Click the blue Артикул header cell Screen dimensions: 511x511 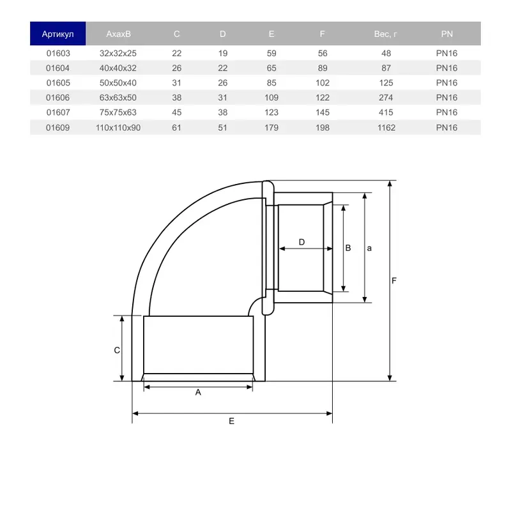point(57,34)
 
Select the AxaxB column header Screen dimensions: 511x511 point(118,34)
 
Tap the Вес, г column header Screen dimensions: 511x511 point(386,34)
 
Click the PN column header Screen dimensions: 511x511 point(447,34)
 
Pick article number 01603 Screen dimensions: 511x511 point(57,54)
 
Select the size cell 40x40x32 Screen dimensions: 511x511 point(118,68)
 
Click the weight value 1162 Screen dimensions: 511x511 point(386,128)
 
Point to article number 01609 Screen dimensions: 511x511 point(57,128)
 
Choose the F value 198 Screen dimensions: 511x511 point(323,128)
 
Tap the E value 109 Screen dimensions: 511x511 point(272,98)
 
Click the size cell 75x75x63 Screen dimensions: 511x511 point(118,112)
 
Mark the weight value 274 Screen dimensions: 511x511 point(386,98)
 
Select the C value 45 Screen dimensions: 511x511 point(177,112)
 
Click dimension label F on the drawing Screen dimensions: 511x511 point(395,281)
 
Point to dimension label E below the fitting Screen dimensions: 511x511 point(232,421)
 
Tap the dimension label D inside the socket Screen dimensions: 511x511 point(302,241)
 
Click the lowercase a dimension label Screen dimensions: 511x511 point(369,248)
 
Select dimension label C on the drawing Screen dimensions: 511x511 point(116,350)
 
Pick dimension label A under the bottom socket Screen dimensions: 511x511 point(198,393)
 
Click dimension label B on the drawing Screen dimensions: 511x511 point(348,248)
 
